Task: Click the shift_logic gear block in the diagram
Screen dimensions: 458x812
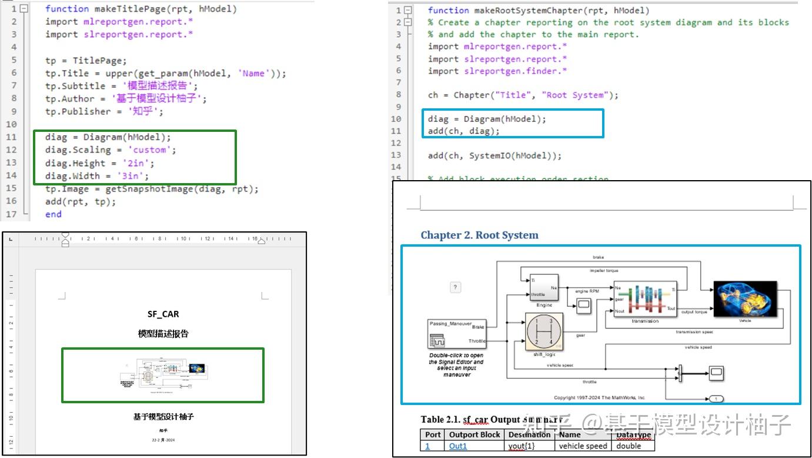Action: [543, 331]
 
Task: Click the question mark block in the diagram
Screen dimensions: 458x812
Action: [455, 287]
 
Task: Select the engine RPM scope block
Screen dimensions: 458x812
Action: [583, 305]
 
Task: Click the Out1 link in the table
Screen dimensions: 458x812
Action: [457, 446]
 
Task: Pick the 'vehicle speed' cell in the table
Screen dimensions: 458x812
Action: [583, 446]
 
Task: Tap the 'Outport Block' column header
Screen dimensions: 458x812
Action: [474, 434]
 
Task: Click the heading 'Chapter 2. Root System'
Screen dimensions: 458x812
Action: [479, 235]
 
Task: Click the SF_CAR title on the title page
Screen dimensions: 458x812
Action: [163, 314]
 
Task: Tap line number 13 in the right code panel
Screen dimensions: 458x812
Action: [398, 155]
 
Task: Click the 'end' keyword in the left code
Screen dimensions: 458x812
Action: [53, 214]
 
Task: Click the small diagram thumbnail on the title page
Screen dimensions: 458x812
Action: [163, 375]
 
